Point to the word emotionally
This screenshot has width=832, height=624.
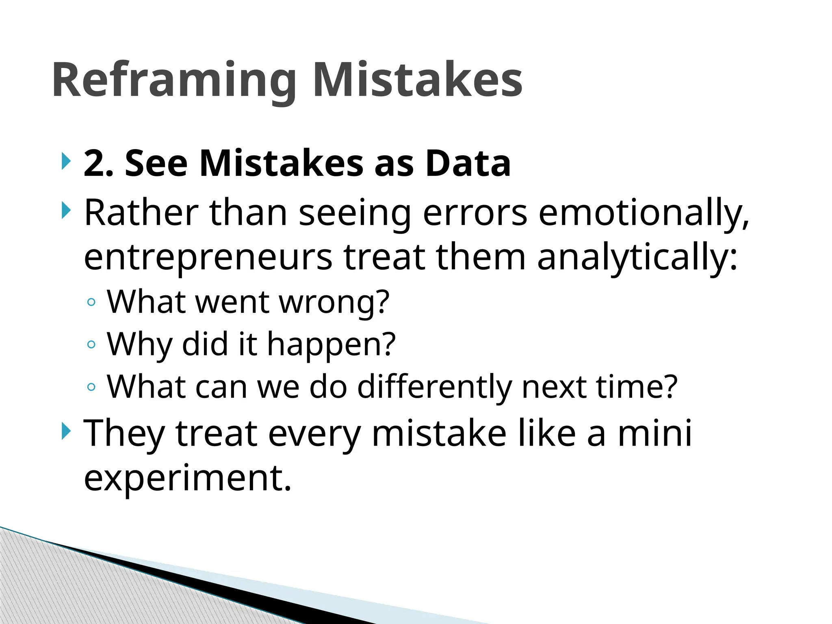click(x=643, y=213)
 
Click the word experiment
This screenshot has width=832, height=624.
click(x=187, y=477)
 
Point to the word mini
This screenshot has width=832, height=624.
click(x=654, y=433)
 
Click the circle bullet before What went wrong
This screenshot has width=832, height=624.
click(x=91, y=302)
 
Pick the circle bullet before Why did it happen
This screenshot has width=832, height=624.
click(x=91, y=344)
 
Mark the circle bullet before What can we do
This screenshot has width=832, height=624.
click(x=91, y=387)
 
